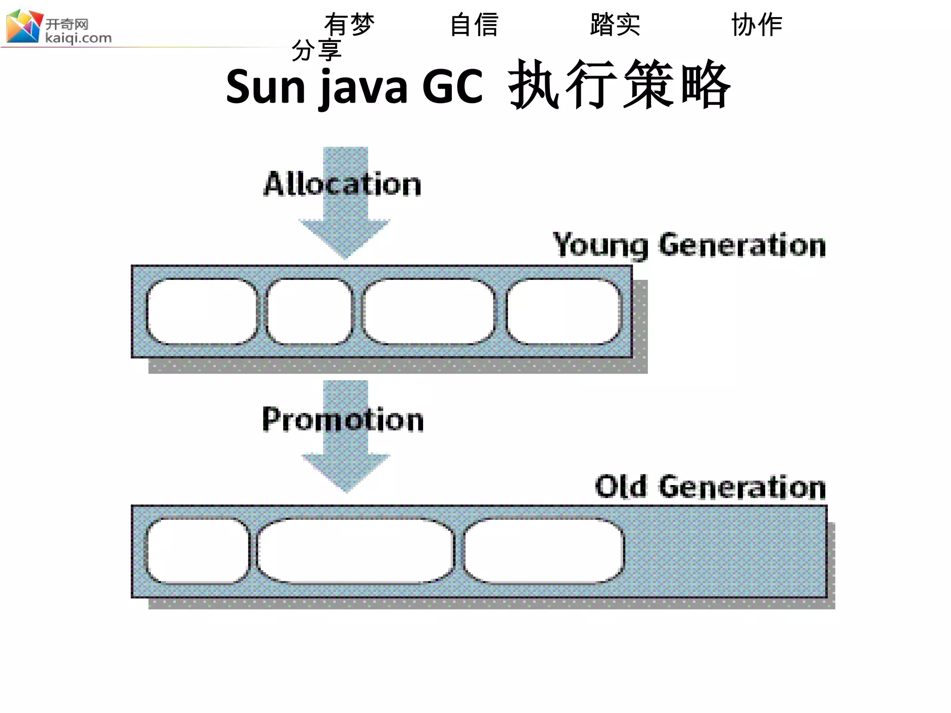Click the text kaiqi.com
coord(78,38)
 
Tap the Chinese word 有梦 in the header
coord(349,25)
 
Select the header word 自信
coord(475,25)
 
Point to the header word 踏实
coord(615,25)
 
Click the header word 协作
coord(757,25)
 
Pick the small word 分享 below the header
coord(317,50)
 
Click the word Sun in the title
coord(266,87)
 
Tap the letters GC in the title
coord(452,87)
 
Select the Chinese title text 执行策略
coord(620,85)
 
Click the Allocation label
coord(343,184)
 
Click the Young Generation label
coord(689,245)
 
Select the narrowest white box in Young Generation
coord(310,311)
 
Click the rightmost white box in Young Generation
coord(563,311)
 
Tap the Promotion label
coord(343,420)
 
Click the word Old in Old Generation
coord(620,486)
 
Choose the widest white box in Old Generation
coord(356,551)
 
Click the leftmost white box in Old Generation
coord(198,551)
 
